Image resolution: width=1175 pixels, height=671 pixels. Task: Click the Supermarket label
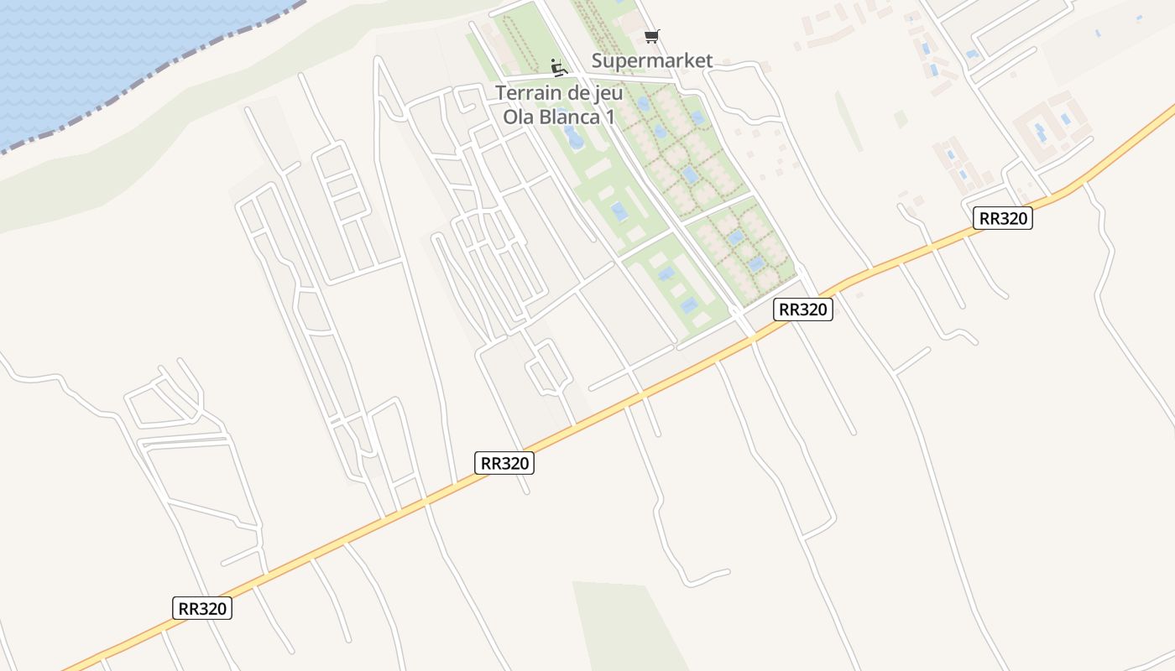point(652,60)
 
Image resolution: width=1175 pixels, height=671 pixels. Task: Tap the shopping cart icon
point(651,36)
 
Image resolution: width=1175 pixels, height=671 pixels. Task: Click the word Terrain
point(529,93)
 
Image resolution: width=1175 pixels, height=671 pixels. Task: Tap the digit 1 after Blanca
point(610,117)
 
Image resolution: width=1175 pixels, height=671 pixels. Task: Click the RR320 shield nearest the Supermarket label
point(802,309)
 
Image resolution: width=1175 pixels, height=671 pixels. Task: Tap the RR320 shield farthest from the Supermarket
point(202,608)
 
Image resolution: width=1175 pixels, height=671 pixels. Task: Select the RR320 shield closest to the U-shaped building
point(1003,219)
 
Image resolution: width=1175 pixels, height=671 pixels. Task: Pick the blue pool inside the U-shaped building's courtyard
point(1041,132)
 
